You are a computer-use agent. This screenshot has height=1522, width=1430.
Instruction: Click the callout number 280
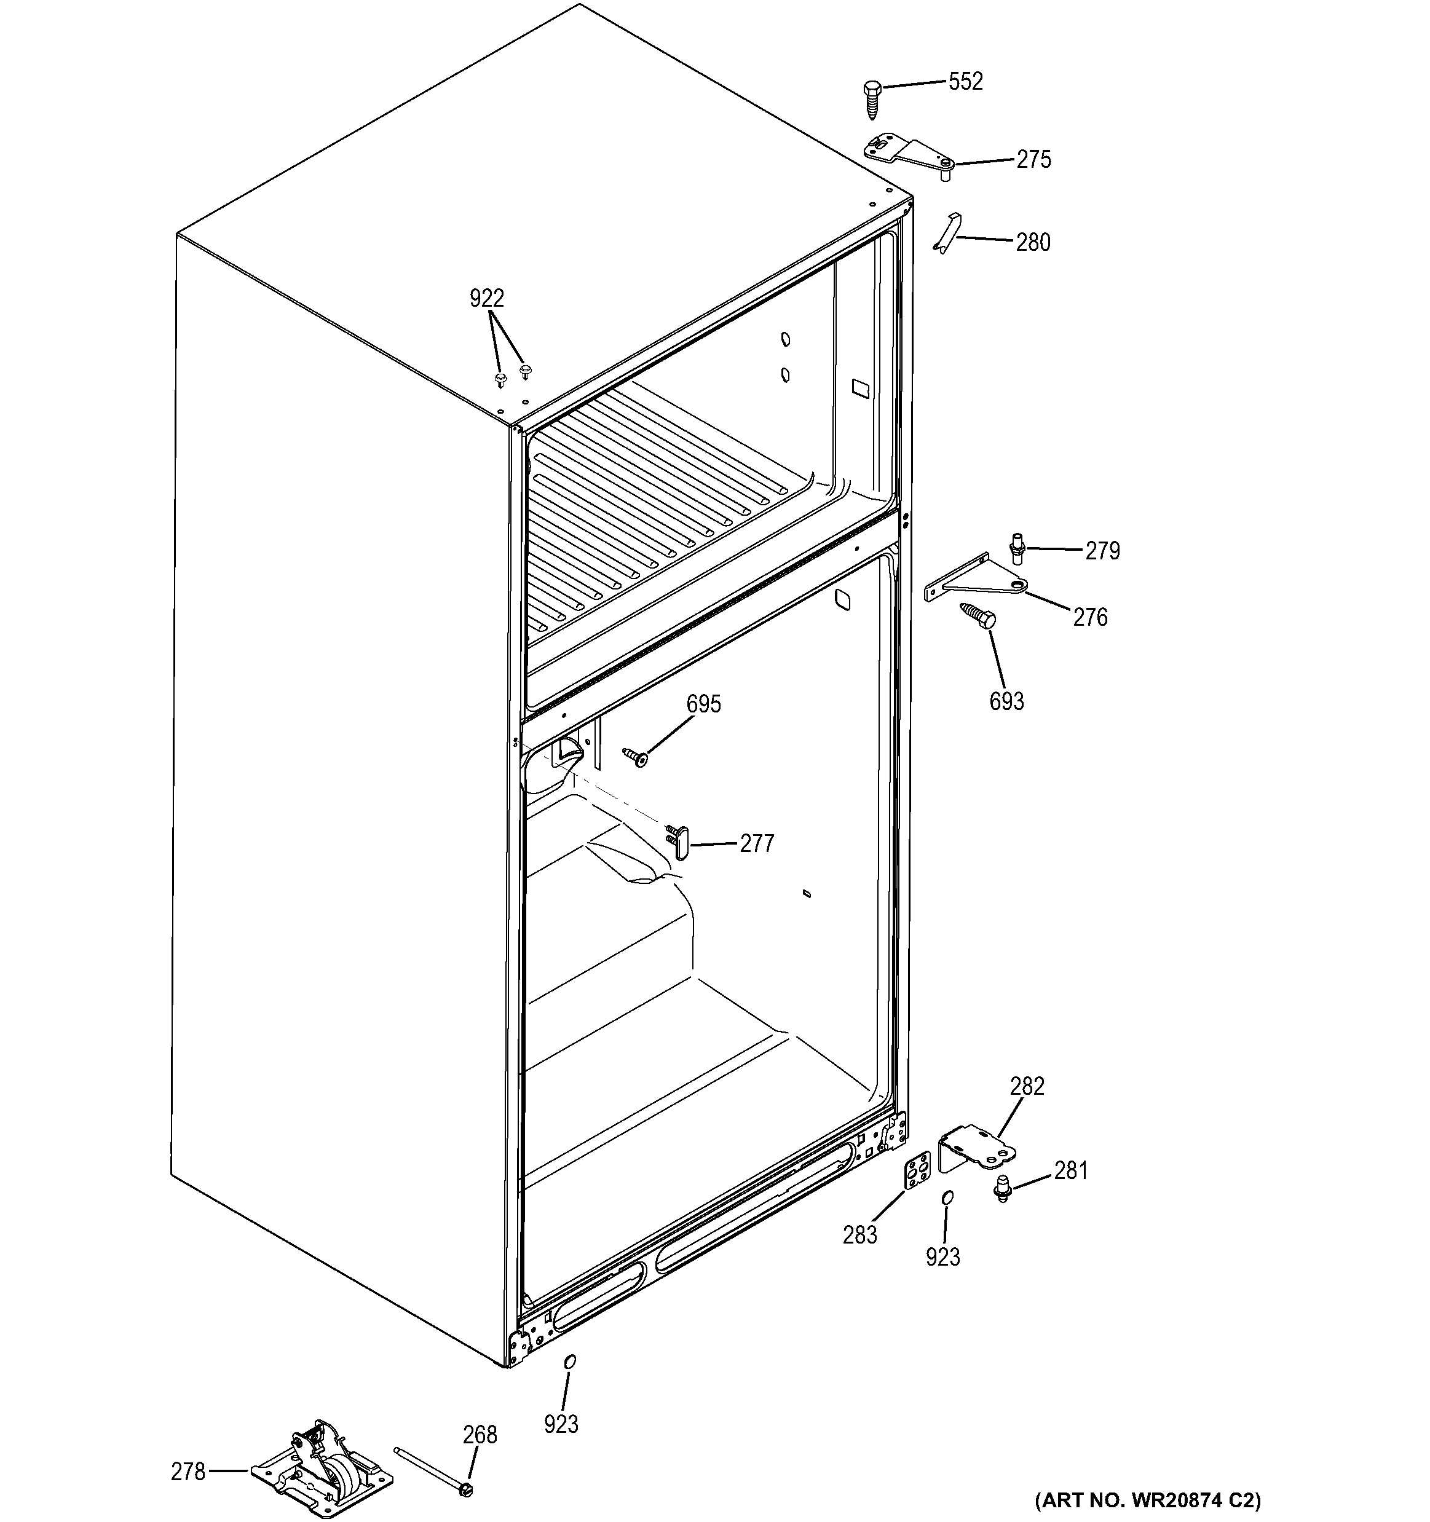click(x=1033, y=242)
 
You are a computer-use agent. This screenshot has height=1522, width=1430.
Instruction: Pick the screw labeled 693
click(x=978, y=615)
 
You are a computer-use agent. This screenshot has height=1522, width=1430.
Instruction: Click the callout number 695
click(x=703, y=704)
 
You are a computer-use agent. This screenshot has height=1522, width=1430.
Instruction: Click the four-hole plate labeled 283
click(x=918, y=1172)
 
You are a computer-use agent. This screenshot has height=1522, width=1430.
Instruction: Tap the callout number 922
click(x=486, y=298)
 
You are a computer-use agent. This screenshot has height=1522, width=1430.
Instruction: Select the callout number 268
click(x=480, y=1434)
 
